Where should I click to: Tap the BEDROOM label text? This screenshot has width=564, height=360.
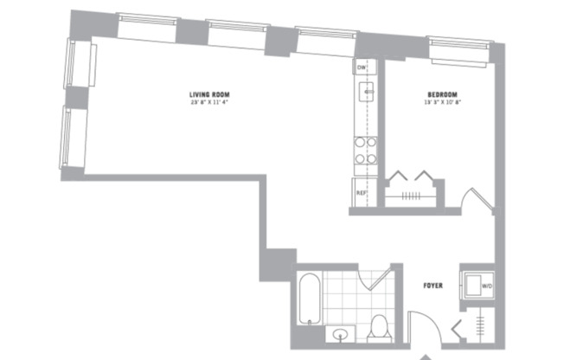(x=441, y=94)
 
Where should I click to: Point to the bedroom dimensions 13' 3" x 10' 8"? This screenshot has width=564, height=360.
(x=441, y=104)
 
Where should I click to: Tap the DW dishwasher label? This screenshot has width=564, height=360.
(x=361, y=67)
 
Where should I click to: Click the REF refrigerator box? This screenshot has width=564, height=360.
(x=362, y=192)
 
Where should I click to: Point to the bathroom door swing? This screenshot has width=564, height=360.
(x=379, y=279)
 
